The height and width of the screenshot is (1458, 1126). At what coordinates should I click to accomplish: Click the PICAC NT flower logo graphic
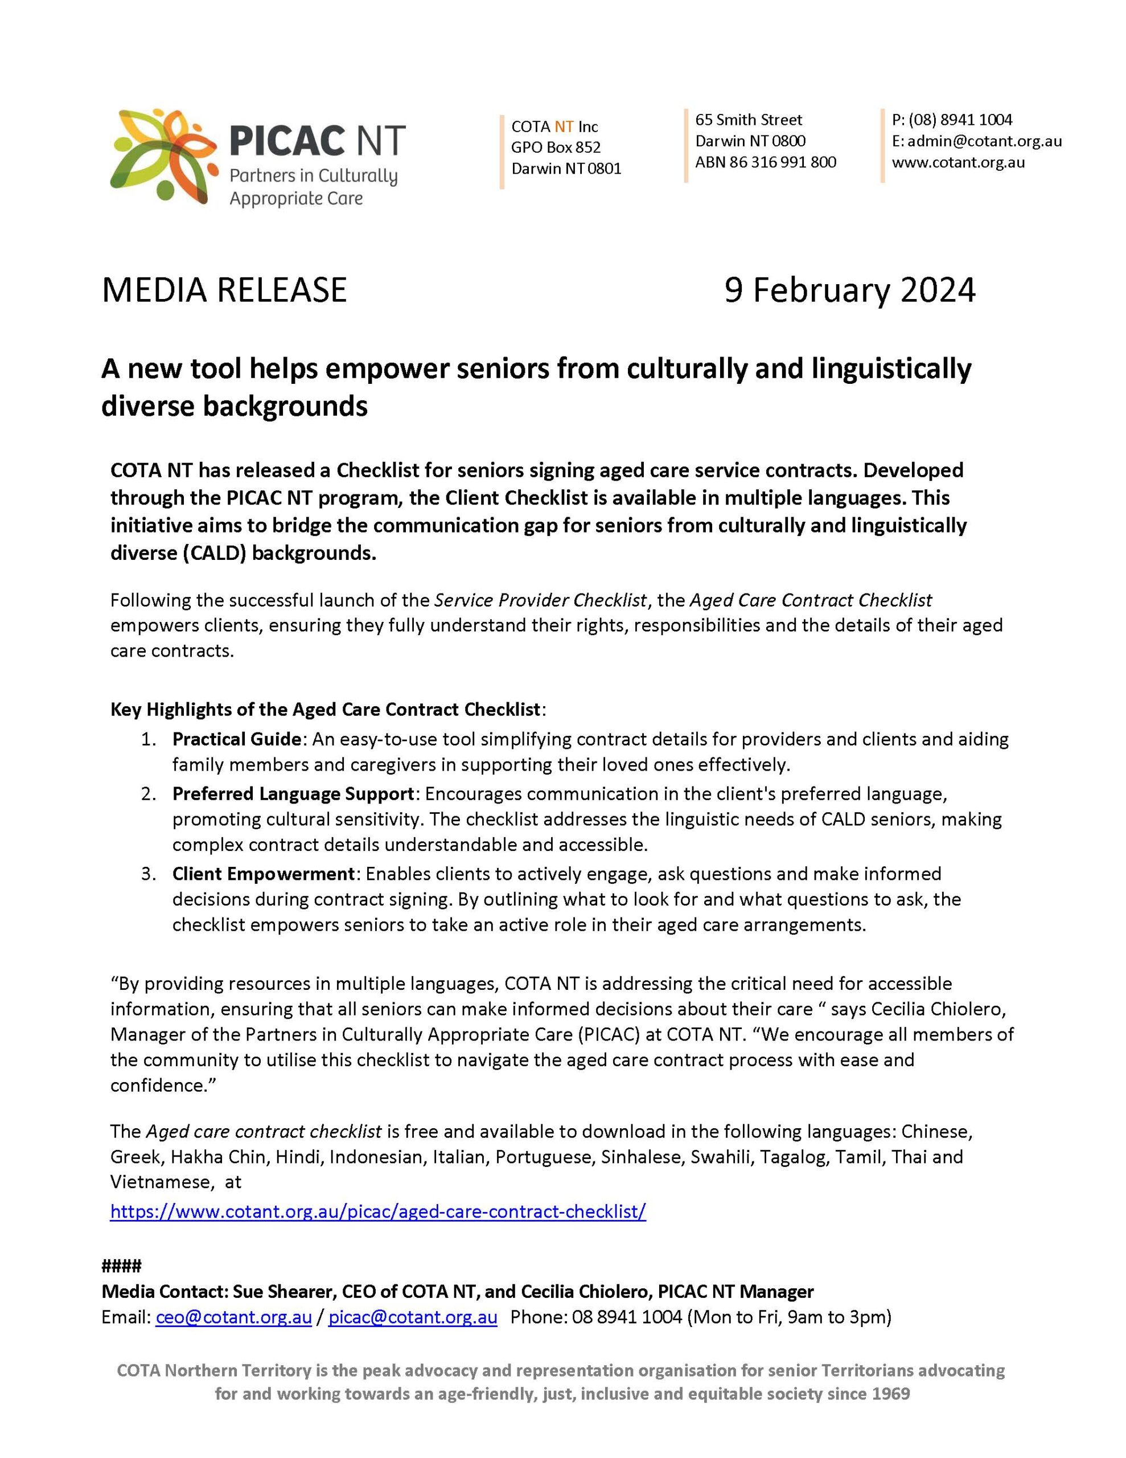click(x=164, y=156)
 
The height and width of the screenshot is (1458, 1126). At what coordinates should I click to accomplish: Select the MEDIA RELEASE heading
click(x=224, y=290)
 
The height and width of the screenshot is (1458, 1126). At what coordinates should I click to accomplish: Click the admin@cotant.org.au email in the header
click(x=984, y=141)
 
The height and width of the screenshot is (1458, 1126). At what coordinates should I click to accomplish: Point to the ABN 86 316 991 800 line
click(x=766, y=162)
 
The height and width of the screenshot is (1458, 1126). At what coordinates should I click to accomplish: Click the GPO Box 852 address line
click(x=556, y=147)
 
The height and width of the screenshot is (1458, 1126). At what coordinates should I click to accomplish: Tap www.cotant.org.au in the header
click(x=959, y=162)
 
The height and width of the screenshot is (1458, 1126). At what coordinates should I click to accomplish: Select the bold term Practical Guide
click(x=236, y=739)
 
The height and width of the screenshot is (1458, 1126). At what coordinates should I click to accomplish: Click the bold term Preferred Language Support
click(x=294, y=794)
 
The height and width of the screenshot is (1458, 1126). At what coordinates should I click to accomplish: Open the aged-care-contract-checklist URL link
click(x=378, y=1211)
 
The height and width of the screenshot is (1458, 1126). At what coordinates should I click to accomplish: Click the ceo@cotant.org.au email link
click(x=233, y=1317)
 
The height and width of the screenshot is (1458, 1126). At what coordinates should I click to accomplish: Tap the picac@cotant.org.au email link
click(x=413, y=1317)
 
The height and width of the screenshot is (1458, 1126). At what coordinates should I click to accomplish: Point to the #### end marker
click(x=121, y=1265)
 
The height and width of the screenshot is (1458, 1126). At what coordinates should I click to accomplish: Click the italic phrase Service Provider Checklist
click(x=541, y=600)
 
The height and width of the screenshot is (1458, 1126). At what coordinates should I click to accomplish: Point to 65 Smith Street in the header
click(x=748, y=120)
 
